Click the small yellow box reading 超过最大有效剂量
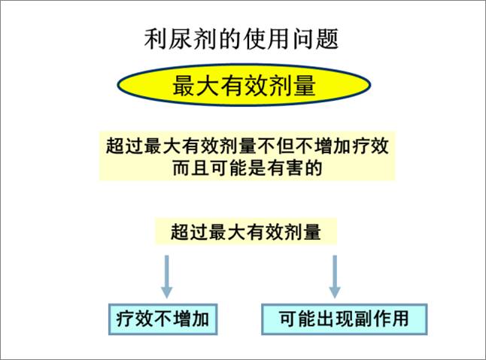click(x=246, y=231)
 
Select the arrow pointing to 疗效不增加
click(x=167, y=276)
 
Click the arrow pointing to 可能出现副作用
click(x=334, y=276)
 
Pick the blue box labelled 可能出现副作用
click(x=344, y=319)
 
